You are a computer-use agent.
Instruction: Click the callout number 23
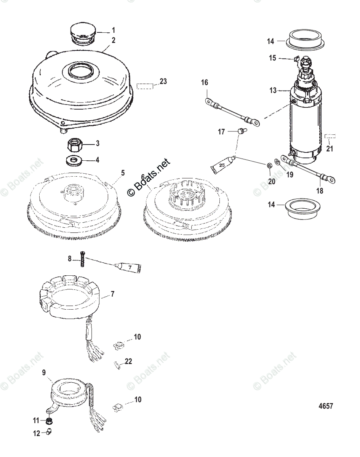pos(163,81)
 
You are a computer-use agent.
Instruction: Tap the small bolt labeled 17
pos(240,131)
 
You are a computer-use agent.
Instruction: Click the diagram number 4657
pos(326,406)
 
